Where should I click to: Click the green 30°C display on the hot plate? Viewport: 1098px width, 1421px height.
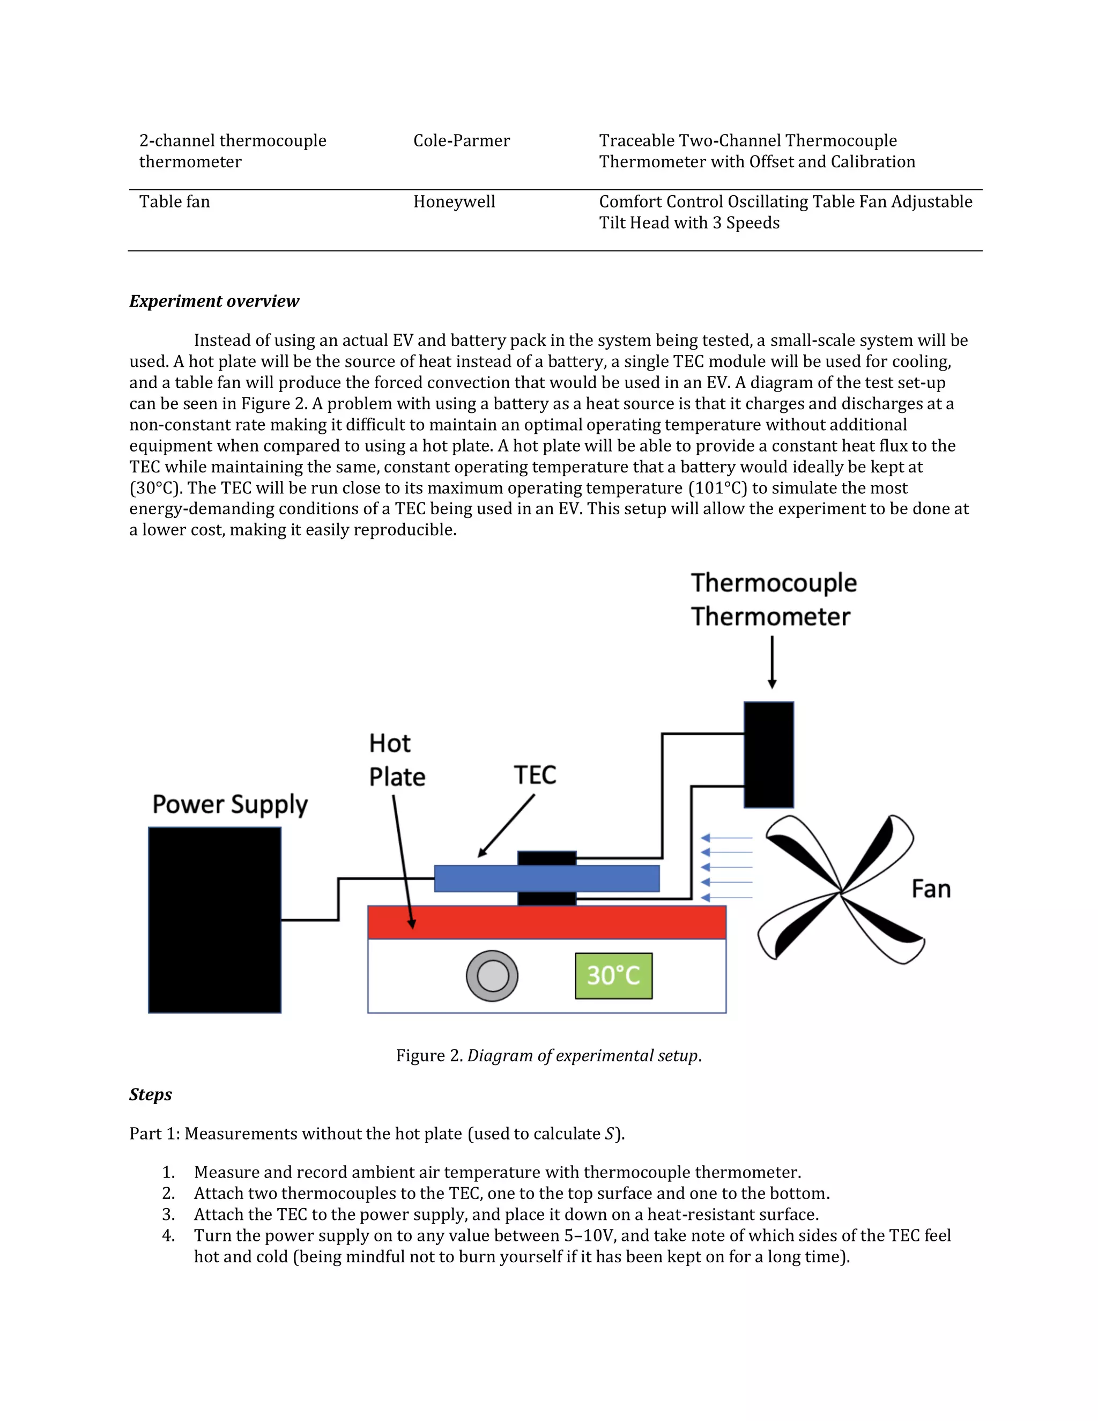[613, 975]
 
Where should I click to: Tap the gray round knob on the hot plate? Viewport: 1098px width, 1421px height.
[492, 976]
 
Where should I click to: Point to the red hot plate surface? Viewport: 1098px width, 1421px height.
[546, 922]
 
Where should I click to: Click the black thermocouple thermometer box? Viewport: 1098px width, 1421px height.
[769, 755]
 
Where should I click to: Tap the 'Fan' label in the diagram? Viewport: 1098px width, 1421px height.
[931, 889]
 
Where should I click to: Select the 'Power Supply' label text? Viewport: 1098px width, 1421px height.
[229, 805]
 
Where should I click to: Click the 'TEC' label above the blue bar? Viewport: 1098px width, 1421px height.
[535, 775]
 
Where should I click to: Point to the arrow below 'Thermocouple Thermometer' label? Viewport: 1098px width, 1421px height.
[772, 662]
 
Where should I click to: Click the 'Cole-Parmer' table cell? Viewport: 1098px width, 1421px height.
[461, 140]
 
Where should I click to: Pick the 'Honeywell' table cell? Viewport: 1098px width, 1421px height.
[454, 202]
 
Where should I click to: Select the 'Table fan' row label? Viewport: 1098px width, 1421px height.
[174, 202]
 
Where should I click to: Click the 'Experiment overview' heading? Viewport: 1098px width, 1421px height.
[214, 301]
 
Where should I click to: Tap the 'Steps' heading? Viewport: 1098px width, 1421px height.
[150, 1094]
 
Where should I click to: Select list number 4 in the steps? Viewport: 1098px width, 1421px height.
[168, 1235]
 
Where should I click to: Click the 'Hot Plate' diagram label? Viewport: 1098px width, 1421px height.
[396, 760]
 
